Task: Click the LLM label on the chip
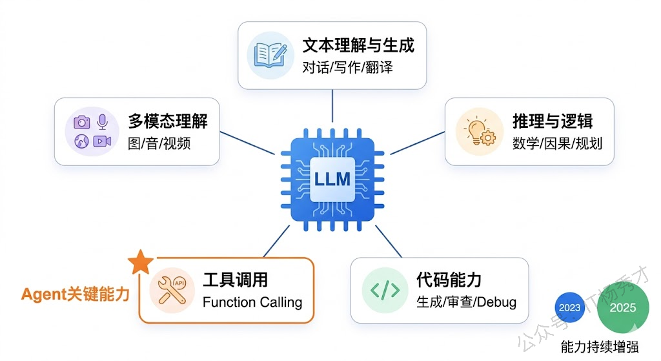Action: coord(332,179)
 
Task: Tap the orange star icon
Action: coord(141,263)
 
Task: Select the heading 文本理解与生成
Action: coord(358,45)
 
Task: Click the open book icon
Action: coord(267,55)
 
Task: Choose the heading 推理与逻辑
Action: coord(553,121)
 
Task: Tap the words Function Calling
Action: coord(252,302)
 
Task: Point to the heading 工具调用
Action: coord(235,280)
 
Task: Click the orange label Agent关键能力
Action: coord(76,294)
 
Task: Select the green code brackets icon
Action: coord(385,291)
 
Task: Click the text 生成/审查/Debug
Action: coord(466,302)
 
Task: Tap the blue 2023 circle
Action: coord(570,308)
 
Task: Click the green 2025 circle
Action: coord(622,307)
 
